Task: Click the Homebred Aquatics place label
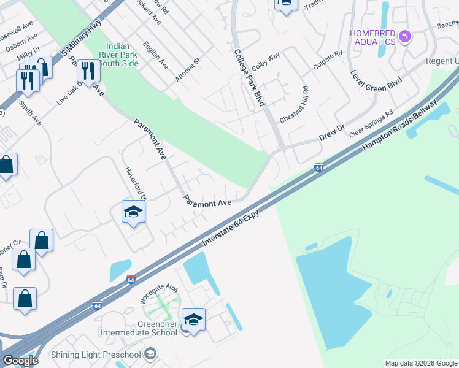[372, 37]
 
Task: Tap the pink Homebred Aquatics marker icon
[404, 37]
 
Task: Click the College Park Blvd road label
[249, 77]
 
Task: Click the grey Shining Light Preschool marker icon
[150, 354]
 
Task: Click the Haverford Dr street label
[136, 183]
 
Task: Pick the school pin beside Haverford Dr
[133, 212]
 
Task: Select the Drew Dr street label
[331, 134]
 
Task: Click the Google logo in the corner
[20, 361]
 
